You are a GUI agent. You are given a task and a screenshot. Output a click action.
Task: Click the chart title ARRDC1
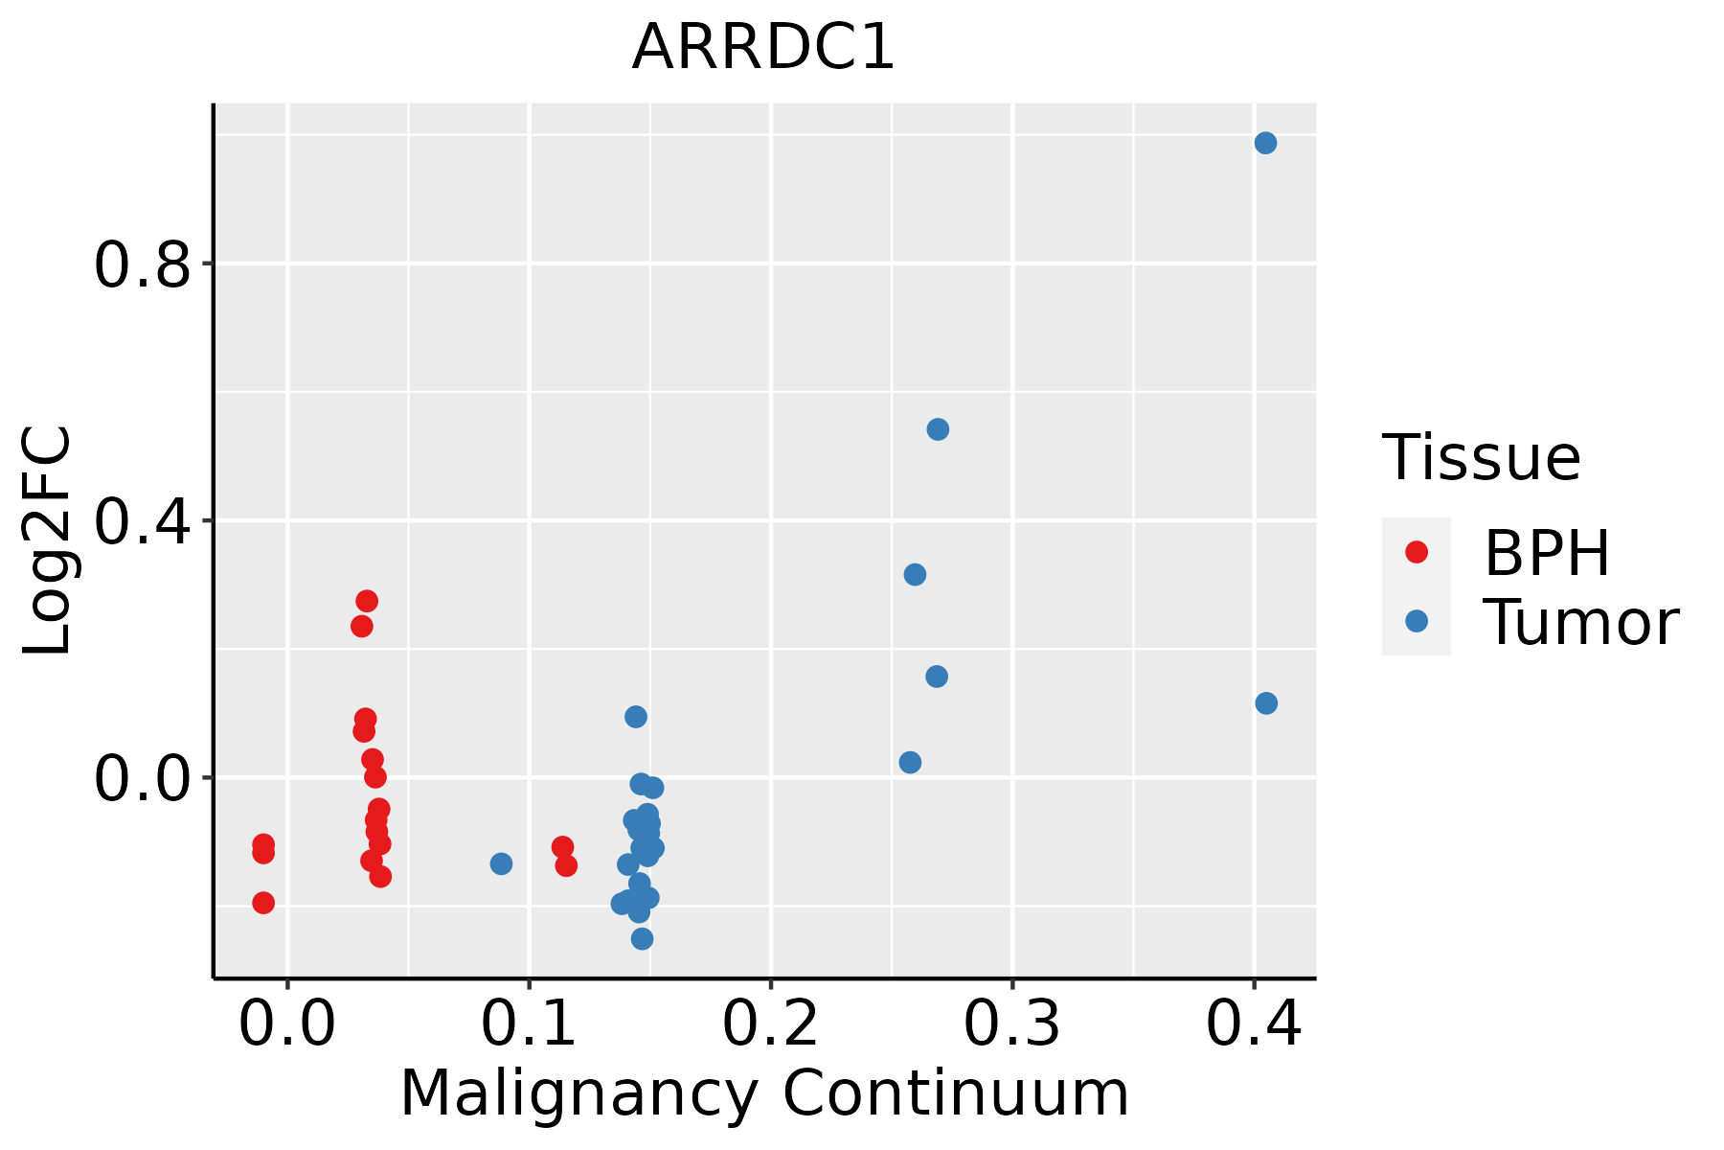763,47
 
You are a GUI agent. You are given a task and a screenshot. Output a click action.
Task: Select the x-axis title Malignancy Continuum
763,1093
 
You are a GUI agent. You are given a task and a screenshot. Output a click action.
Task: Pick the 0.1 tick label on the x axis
529,1023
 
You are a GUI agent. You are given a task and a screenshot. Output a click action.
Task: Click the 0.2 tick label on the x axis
770,1023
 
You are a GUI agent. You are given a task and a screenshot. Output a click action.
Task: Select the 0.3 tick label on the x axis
1011,1023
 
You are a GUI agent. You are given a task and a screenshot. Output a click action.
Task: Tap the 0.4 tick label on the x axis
1253,1023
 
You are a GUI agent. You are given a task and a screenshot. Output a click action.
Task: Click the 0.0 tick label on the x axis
287,1023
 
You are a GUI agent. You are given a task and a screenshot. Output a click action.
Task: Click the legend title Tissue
1482,458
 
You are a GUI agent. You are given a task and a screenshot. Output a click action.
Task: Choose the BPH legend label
1547,553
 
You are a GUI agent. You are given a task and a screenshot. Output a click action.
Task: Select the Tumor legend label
1580,623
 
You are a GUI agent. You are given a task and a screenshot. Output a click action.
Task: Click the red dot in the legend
1416,552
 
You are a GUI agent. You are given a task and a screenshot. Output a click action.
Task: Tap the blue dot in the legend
1416,621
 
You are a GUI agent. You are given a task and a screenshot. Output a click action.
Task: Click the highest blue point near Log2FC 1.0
1265,143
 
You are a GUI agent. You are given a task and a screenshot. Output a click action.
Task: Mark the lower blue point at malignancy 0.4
1266,703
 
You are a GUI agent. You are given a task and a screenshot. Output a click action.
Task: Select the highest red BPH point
367,601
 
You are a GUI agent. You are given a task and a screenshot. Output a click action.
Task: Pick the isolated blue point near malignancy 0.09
501,863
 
